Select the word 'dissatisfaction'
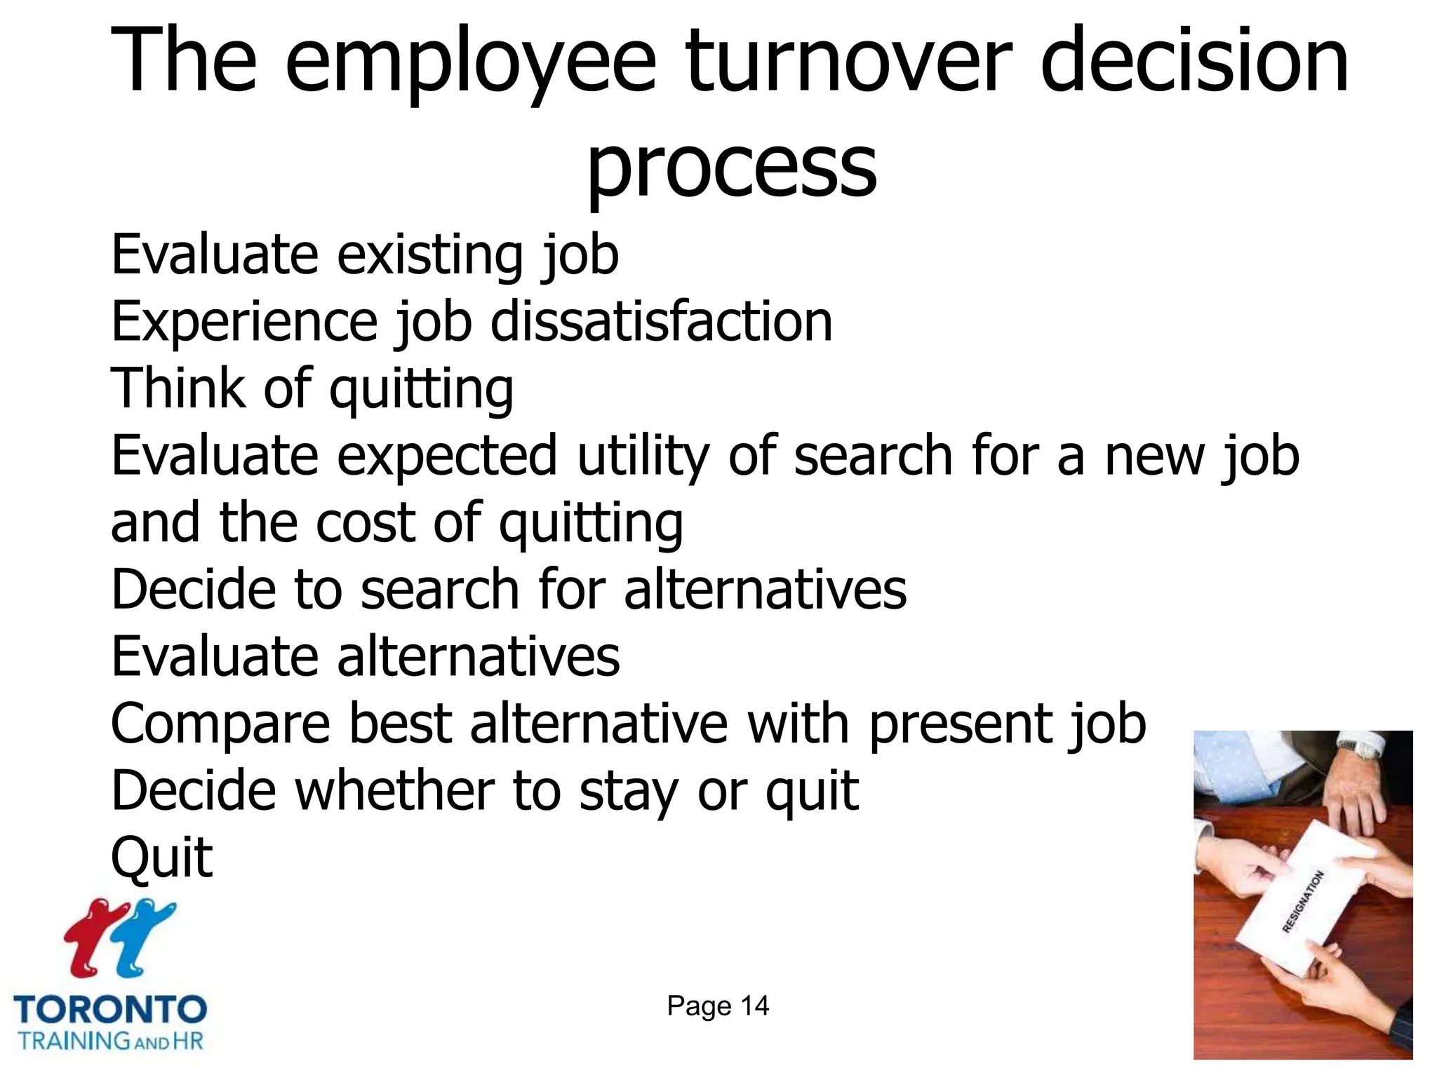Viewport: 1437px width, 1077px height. click(x=661, y=322)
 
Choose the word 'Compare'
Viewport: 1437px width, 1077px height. click(x=220, y=725)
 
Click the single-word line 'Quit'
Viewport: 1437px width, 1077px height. click(x=161, y=857)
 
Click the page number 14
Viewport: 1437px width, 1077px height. click(x=755, y=1006)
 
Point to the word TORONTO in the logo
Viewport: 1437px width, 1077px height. click(x=110, y=1010)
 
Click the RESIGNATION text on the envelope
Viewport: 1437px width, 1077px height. click(x=1303, y=902)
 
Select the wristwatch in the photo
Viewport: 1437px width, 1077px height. click(x=1365, y=750)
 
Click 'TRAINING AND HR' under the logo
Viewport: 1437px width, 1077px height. click(x=110, y=1041)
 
